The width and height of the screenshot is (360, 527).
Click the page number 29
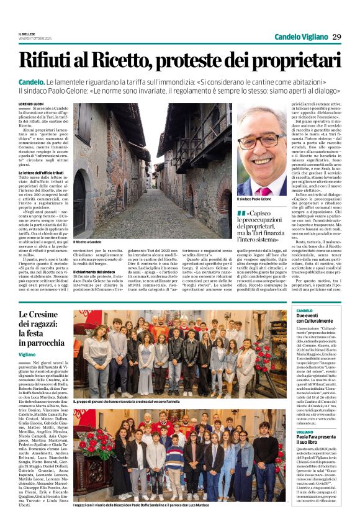337,37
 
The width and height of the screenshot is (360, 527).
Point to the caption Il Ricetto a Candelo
87,241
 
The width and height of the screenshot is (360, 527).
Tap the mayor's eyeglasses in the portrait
261,139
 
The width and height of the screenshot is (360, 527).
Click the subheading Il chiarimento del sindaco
97,271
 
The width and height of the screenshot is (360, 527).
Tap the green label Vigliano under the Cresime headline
27,354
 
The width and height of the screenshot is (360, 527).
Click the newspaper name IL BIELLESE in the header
26,33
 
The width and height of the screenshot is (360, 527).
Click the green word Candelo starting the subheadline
31,82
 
